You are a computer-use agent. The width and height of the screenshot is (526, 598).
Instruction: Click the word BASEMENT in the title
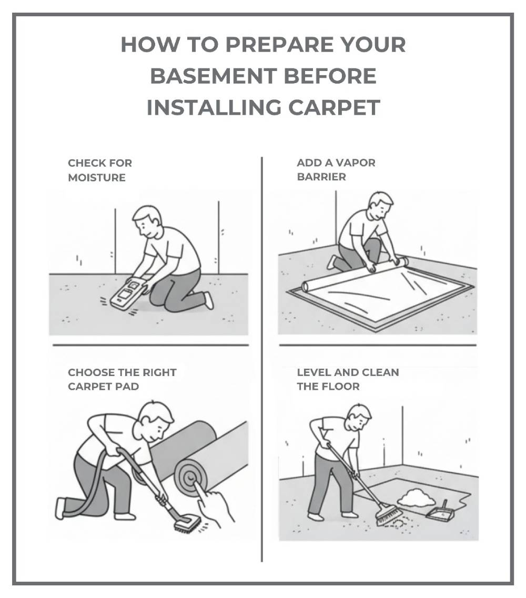[x=206, y=76]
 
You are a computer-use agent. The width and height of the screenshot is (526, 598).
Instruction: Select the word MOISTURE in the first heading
[x=97, y=178]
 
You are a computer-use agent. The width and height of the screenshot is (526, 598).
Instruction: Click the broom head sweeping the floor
[x=389, y=514]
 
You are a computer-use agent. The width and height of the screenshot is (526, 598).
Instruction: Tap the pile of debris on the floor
[x=413, y=495]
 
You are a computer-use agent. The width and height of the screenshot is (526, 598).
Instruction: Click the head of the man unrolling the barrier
[x=380, y=206]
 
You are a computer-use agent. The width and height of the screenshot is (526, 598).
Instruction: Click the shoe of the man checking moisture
[x=209, y=300]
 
